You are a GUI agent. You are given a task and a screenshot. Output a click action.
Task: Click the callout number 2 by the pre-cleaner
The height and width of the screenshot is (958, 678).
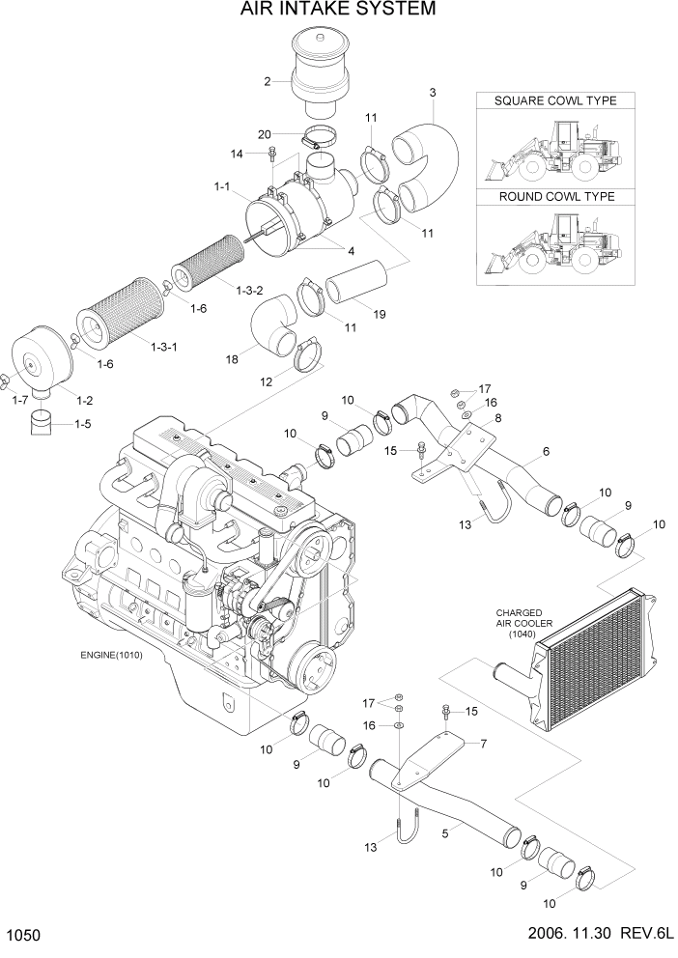268,81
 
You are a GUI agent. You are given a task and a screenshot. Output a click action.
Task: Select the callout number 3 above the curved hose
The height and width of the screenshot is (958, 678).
433,93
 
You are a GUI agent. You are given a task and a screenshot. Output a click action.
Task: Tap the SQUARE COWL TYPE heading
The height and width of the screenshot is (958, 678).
554,101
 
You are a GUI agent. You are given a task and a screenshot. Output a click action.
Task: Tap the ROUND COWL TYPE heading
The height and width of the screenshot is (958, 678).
555,197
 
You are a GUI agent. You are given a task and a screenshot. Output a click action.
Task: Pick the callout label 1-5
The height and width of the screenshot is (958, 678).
87,423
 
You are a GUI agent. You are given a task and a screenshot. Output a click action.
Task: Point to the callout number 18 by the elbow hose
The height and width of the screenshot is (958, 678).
232,358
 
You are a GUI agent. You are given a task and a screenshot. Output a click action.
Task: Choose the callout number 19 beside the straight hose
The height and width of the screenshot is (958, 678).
379,314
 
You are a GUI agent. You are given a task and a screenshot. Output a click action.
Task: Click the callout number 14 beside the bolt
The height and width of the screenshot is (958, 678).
237,154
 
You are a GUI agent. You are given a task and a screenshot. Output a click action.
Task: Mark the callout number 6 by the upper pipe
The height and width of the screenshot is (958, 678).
546,451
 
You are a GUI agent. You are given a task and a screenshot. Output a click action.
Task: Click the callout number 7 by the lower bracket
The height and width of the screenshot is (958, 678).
483,743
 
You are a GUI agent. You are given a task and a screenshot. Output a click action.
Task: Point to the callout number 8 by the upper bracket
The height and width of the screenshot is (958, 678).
497,417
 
